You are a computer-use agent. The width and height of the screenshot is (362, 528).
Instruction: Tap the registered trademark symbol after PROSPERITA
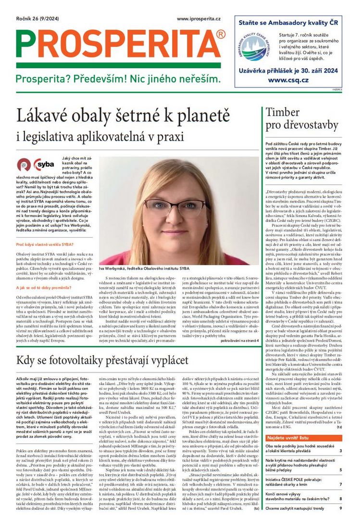(220, 34)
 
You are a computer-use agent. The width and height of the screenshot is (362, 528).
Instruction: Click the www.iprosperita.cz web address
(199, 18)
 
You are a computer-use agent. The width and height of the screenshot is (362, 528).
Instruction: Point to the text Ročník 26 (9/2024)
(36, 18)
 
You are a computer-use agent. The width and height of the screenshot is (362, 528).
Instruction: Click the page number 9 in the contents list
(340, 508)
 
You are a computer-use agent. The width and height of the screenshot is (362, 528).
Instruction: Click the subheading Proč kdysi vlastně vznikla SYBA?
(44, 244)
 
